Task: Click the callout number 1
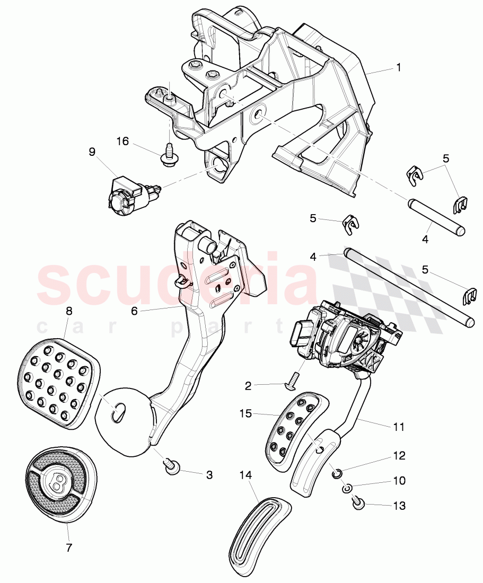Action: pos(398,68)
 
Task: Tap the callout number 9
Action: pos(92,152)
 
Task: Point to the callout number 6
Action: pos(134,311)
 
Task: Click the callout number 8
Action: pos(68,312)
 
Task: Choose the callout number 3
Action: pos(209,475)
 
